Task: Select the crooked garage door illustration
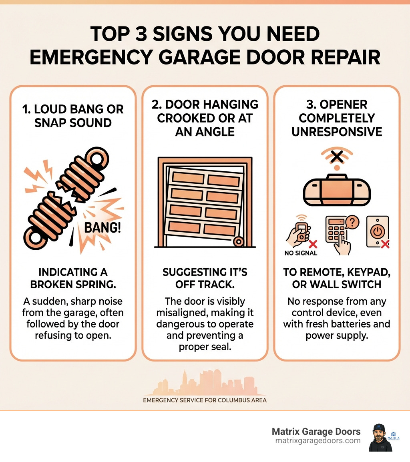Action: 205,202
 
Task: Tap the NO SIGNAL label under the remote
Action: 300,253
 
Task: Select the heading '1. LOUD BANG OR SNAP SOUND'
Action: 73,116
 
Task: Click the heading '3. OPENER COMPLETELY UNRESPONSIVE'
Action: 336,119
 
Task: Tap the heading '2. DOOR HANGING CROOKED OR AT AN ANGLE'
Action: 205,119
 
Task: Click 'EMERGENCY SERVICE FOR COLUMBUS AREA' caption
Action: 205,400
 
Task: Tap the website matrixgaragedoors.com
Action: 318,440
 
